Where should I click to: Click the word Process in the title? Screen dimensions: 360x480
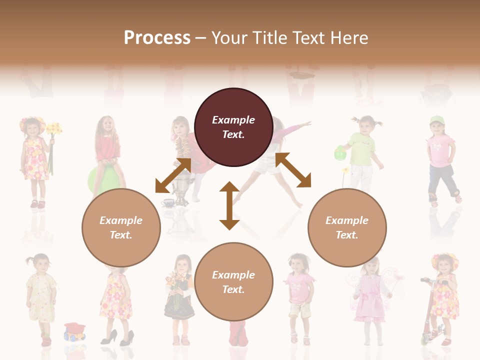pyautogui.click(x=157, y=38)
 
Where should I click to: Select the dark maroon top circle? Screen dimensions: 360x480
pyautogui.click(x=233, y=127)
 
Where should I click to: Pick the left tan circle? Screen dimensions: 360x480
pyautogui.click(x=121, y=227)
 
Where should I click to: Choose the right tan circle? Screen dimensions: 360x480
pyautogui.click(x=347, y=227)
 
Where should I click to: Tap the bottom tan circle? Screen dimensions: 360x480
pyautogui.click(x=233, y=282)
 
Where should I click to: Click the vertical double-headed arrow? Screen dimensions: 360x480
pyautogui.click(x=229, y=205)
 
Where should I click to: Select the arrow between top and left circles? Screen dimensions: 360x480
pyautogui.click(x=173, y=175)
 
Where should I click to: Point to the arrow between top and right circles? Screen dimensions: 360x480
pyautogui.click(x=293, y=170)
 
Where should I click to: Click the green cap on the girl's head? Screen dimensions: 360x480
pyautogui.click(x=436, y=120)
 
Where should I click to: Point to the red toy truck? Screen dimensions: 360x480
pyautogui.click(x=74, y=331)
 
